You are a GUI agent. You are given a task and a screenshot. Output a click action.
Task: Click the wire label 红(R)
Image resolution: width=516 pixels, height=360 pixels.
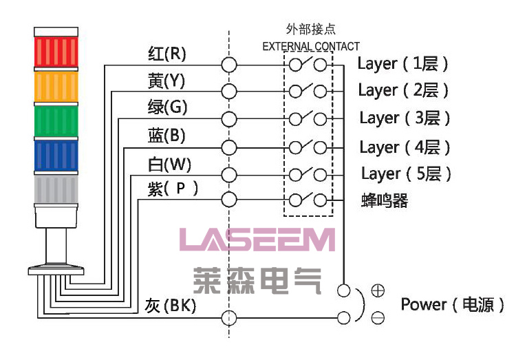(167, 54)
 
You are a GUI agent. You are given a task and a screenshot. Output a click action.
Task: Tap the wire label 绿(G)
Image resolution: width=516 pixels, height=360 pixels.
(167, 108)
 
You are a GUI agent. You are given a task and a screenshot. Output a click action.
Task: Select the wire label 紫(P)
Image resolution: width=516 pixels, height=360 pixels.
(173, 188)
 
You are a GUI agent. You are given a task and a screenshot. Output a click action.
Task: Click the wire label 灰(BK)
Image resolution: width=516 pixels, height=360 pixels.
(171, 306)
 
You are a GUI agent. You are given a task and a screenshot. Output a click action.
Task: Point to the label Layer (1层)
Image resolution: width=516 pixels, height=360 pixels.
(403, 64)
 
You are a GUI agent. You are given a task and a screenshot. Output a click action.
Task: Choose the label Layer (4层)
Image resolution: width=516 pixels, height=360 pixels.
(405, 147)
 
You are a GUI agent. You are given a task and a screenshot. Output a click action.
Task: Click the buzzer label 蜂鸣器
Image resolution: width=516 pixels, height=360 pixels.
(385, 201)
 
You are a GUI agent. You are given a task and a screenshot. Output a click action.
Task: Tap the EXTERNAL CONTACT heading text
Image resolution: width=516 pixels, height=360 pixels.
(311, 47)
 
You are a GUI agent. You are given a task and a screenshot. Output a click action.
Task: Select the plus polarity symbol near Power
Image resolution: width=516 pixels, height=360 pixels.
(378, 290)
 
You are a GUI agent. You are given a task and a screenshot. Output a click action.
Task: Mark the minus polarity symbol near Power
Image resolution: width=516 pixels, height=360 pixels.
(378, 318)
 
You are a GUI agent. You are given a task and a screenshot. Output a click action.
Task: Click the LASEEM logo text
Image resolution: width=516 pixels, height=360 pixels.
(257, 240)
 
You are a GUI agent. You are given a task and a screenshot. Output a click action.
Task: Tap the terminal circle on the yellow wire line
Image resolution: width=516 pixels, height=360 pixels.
(229, 91)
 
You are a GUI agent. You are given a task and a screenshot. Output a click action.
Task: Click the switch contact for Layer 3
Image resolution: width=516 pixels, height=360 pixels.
(308, 118)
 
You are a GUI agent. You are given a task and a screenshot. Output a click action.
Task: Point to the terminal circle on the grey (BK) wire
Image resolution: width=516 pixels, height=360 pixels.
(229, 318)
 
